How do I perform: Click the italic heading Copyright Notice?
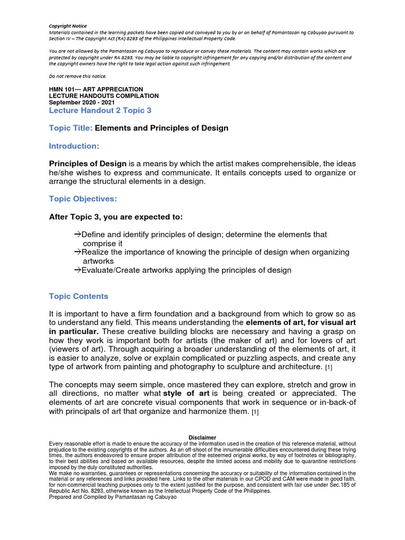click(67, 25)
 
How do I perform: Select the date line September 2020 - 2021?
click(82, 102)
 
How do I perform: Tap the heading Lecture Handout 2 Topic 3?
click(100, 110)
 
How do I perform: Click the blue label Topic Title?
click(70, 128)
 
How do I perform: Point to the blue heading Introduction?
click(74, 146)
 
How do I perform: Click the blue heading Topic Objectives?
click(82, 199)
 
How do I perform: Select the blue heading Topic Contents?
click(79, 296)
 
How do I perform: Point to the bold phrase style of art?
click(186, 393)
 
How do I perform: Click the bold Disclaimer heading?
click(202, 437)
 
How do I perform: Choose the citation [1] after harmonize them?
click(255, 412)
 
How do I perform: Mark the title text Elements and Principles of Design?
click(161, 128)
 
